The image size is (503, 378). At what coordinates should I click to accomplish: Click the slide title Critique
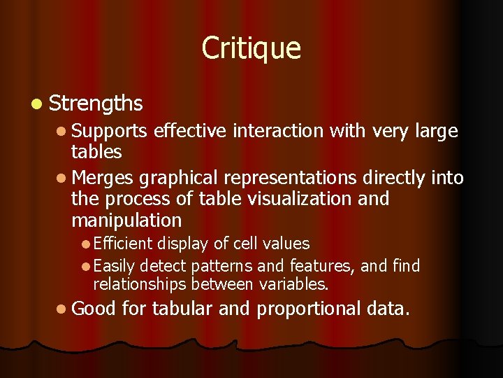click(x=251, y=48)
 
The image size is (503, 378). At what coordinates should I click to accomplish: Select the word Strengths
click(x=96, y=104)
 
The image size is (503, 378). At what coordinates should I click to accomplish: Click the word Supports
click(x=109, y=131)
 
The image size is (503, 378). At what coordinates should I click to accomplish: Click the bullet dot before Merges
click(x=62, y=178)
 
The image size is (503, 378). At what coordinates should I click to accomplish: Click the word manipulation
click(x=126, y=220)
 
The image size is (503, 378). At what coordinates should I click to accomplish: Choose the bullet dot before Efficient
click(x=85, y=244)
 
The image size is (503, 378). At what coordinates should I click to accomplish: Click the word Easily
click(x=115, y=266)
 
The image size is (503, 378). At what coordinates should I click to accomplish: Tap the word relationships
click(x=140, y=284)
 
